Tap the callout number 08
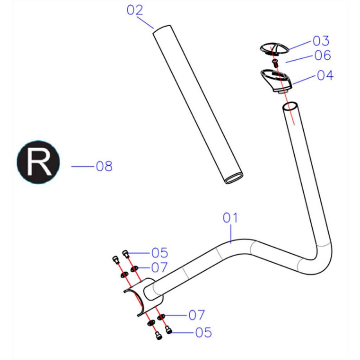click(104, 166)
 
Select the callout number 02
click(135, 11)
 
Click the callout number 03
click(321, 41)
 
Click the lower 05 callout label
click(203, 333)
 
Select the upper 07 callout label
click(158, 268)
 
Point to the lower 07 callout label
click(197, 315)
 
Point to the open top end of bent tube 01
click(291, 106)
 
